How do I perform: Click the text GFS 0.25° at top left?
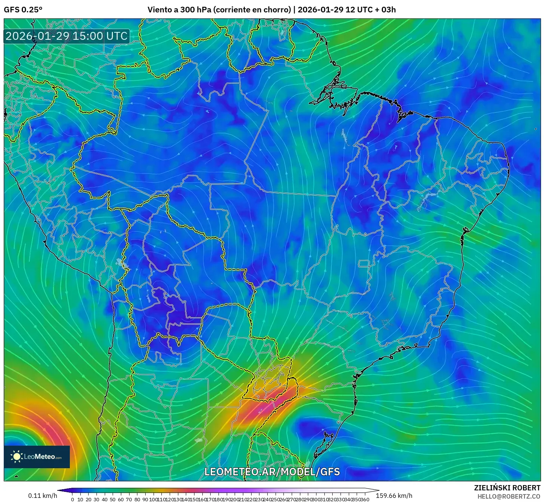(x=23, y=10)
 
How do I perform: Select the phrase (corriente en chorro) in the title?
(x=252, y=10)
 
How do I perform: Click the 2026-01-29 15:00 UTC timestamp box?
(x=66, y=36)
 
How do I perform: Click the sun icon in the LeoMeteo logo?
(x=17, y=457)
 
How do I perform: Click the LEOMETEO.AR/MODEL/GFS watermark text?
(x=272, y=472)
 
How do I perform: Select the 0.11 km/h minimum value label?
(x=42, y=496)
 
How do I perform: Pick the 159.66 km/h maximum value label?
(x=394, y=496)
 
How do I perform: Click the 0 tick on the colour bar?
(x=72, y=499)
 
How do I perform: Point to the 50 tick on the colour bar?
(x=113, y=499)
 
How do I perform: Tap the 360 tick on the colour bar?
(x=365, y=499)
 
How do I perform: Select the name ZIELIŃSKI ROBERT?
(x=507, y=488)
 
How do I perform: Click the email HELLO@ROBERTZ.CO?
(x=509, y=496)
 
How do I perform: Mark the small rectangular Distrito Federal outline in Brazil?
(x=364, y=264)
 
